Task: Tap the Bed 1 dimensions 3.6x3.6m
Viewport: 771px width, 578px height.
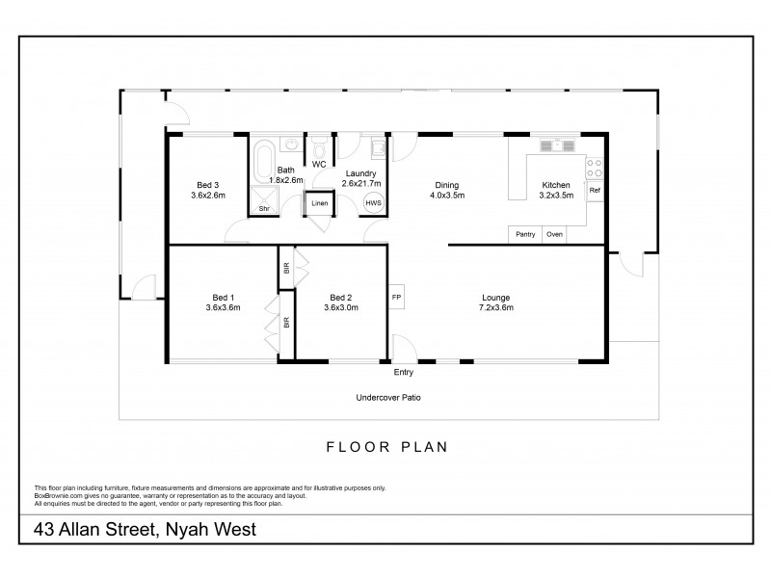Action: click(222, 307)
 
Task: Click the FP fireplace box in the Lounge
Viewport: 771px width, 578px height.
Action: click(396, 298)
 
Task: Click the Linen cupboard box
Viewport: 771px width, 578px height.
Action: click(319, 203)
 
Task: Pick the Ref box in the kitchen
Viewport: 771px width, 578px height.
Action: click(595, 191)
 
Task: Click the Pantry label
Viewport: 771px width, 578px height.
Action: click(525, 234)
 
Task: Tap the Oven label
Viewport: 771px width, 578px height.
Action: click(554, 234)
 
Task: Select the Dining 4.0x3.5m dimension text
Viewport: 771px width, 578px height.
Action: click(446, 196)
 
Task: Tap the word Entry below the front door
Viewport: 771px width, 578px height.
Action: click(404, 371)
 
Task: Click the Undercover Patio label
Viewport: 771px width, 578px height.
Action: click(388, 397)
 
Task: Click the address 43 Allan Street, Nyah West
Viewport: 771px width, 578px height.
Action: click(145, 529)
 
